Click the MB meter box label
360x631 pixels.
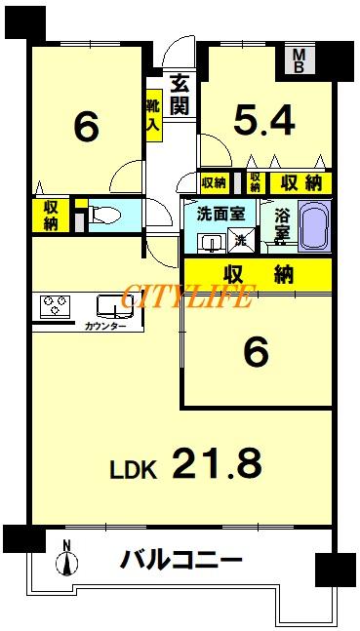coord(299,60)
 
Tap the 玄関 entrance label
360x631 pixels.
coord(180,95)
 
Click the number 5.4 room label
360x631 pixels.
coord(265,120)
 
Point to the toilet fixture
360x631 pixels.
coord(104,214)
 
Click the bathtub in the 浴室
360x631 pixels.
coord(314,226)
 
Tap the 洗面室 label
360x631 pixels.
coord(220,215)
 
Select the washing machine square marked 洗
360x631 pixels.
coord(242,240)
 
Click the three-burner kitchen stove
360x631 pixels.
coord(56,306)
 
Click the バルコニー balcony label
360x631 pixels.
coord(181,560)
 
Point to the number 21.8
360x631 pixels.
coord(218,463)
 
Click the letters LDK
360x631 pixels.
coord(134,469)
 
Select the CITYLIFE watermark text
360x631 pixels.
coord(186,296)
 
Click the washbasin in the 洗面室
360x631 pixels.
coord(209,244)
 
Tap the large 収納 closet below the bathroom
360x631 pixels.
coord(259,275)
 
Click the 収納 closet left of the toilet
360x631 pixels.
coord(51,215)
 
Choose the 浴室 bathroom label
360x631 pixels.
coord(281,225)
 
